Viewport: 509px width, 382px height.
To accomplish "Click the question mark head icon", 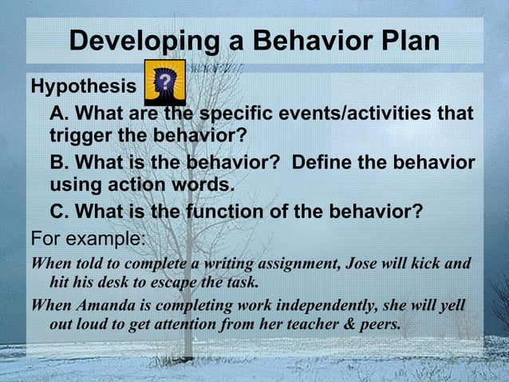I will (164, 81).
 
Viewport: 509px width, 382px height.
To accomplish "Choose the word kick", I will (428, 263).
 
